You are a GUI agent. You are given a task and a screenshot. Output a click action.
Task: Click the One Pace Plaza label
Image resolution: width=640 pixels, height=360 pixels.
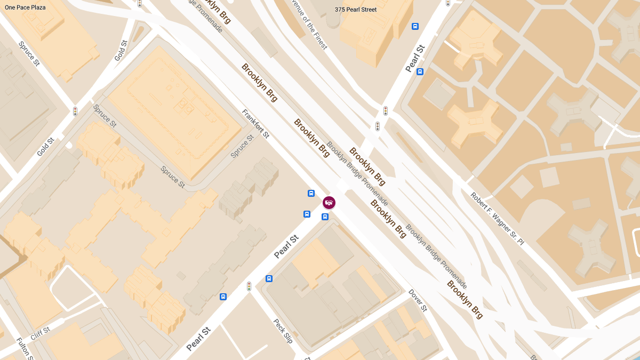click(x=25, y=7)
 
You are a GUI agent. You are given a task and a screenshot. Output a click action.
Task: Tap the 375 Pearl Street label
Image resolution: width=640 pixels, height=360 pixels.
click(x=355, y=10)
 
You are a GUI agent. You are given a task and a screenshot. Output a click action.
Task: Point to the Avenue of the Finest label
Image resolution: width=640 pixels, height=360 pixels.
click(x=309, y=23)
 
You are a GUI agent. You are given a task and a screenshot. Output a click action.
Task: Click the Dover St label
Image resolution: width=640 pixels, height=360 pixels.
click(x=418, y=300)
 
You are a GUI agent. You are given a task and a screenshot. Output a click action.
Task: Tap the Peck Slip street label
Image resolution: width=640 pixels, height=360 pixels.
click(x=284, y=331)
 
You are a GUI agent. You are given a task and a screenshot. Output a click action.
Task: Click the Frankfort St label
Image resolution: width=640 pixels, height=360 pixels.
click(x=255, y=124)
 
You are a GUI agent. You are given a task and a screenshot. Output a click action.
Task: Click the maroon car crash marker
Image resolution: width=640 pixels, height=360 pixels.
click(x=329, y=203)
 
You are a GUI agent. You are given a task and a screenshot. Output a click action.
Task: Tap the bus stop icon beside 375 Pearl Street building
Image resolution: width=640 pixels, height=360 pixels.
click(x=415, y=26)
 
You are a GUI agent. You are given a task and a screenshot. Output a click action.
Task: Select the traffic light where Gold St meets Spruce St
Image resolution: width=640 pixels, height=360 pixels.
click(x=75, y=111)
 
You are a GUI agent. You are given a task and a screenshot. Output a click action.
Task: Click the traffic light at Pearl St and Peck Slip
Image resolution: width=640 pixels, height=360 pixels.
click(x=249, y=286)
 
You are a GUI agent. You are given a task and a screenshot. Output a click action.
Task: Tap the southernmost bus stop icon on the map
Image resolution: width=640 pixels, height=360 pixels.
click(x=223, y=297)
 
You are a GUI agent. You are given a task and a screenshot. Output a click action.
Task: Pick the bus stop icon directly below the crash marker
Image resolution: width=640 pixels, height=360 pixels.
click(x=325, y=217)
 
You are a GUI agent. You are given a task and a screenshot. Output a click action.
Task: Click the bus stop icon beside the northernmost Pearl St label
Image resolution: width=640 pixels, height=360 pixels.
click(x=420, y=71)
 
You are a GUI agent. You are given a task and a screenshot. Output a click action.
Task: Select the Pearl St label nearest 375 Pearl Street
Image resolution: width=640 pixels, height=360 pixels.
click(x=414, y=58)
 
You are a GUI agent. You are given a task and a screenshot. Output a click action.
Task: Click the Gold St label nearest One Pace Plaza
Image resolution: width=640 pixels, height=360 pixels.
click(x=121, y=50)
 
